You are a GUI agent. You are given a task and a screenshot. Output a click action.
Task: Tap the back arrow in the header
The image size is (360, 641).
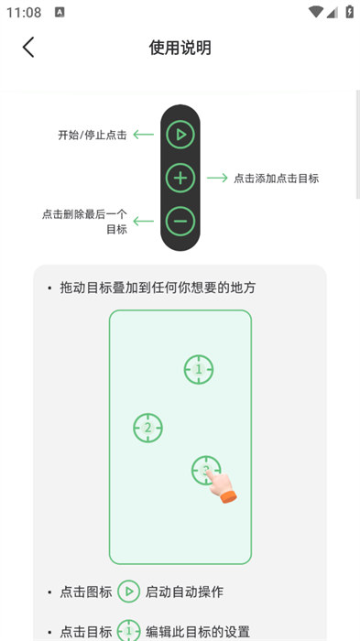27,47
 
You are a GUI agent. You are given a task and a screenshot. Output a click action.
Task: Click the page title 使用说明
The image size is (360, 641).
180,48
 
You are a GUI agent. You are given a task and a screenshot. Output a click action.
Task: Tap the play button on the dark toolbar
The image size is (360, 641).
180,135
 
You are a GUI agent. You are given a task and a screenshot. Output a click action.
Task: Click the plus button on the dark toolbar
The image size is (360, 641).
180,178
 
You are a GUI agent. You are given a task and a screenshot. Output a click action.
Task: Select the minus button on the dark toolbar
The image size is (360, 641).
180,222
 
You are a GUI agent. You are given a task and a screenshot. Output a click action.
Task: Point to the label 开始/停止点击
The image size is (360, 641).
93,135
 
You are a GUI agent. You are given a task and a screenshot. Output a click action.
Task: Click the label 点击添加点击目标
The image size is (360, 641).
276,179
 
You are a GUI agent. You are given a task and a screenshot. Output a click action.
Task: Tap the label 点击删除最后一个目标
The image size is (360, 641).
84,222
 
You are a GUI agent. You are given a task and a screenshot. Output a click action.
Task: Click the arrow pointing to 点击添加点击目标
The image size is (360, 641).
217,178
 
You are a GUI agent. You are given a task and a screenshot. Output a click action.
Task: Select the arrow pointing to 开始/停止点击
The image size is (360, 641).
144,135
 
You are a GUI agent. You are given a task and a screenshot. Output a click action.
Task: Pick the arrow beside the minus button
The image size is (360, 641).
144,222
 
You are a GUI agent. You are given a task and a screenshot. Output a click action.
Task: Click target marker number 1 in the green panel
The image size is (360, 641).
199,370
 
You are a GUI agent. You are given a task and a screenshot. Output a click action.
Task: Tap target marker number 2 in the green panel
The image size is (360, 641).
147,428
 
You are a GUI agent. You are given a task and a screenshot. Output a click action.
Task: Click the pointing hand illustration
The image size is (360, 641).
221,486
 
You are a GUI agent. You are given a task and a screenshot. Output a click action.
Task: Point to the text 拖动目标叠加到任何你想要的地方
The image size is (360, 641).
158,288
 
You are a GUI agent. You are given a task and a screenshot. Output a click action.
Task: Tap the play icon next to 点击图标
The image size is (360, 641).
129,592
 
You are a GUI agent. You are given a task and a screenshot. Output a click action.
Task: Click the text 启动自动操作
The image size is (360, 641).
184,592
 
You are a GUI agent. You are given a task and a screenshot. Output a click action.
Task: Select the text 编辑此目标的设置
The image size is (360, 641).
198,631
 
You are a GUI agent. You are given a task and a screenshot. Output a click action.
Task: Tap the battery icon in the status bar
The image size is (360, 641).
349,11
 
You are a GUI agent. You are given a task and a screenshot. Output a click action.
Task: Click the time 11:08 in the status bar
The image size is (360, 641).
24,12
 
